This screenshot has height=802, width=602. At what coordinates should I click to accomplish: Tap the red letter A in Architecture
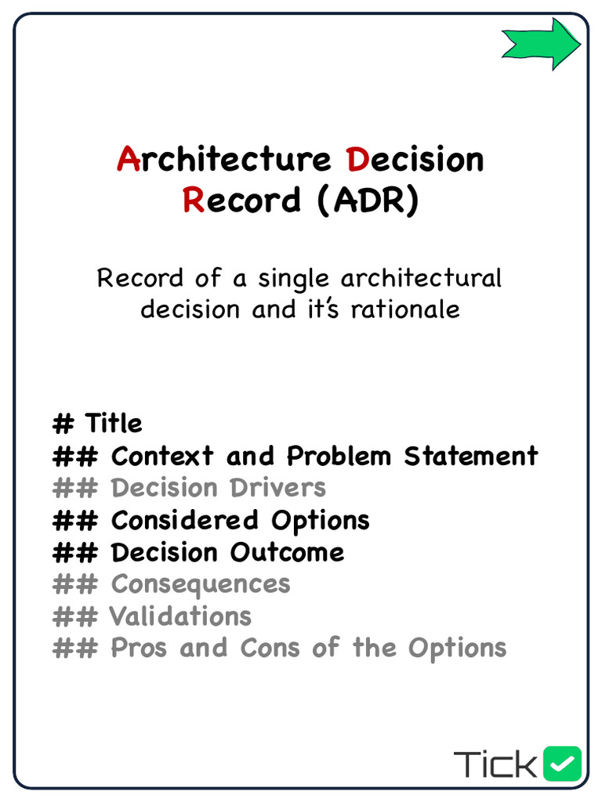click(128, 160)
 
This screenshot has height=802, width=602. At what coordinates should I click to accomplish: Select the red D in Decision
click(357, 160)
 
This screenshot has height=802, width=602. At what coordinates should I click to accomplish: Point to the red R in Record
click(193, 200)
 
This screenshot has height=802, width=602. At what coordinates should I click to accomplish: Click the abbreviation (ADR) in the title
click(368, 200)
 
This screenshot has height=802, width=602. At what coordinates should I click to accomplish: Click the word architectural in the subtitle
click(421, 278)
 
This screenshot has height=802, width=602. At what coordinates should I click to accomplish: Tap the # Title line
click(98, 424)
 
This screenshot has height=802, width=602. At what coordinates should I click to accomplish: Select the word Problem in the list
click(339, 456)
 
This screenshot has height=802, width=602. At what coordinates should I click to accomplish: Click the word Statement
click(471, 456)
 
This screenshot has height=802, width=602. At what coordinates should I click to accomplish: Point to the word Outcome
click(287, 552)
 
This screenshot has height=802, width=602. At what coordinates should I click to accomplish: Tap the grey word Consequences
click(201, 584)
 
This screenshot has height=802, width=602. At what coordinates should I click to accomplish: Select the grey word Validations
click(180, 616)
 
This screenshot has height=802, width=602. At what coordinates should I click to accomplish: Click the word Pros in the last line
click(139, 648)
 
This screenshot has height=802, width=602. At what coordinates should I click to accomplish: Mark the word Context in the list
click(162, 456)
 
